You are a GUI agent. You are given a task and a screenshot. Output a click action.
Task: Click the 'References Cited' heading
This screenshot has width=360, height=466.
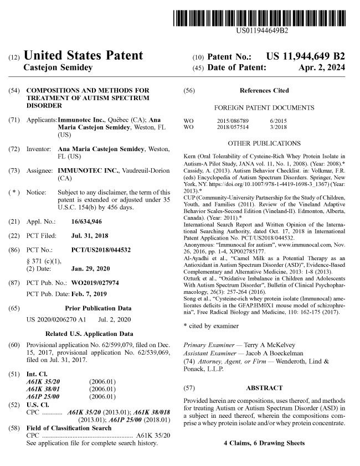pos(264,90)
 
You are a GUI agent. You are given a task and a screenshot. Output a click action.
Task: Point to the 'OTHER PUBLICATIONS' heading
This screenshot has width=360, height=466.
pos(264,143)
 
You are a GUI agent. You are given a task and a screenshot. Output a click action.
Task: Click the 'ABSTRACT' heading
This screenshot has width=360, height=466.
pos(264,387)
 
